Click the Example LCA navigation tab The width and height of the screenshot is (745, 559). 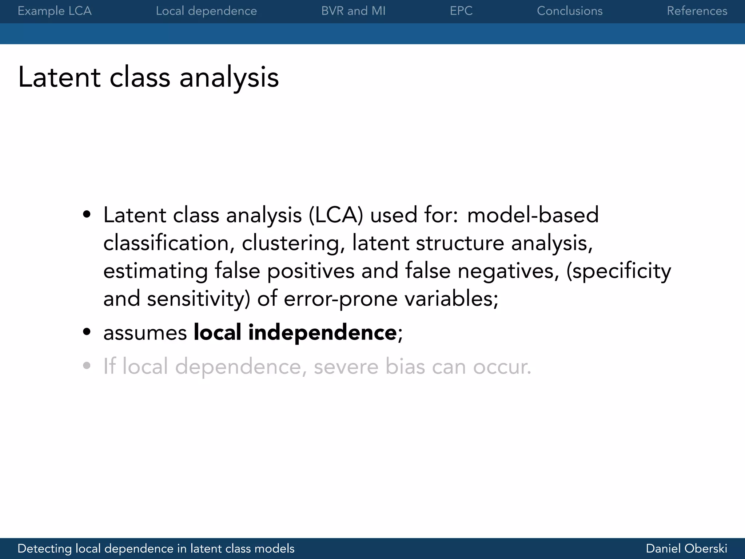55,11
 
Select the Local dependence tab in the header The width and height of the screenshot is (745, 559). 206,11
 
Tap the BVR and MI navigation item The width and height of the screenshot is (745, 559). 353,11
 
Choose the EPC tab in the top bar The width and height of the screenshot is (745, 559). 461,11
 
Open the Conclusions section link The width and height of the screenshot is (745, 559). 570,11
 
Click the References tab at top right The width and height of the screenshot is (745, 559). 697,11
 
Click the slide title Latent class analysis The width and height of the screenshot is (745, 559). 148,77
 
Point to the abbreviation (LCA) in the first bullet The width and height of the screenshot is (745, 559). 336,215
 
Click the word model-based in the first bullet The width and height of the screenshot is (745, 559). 533,215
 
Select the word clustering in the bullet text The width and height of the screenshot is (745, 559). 293,243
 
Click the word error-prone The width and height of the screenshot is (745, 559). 340,299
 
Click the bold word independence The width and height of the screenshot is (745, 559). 322,333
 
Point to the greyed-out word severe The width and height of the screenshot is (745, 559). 346,367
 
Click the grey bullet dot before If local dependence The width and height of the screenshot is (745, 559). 87,366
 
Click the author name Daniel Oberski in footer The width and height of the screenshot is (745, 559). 686,548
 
